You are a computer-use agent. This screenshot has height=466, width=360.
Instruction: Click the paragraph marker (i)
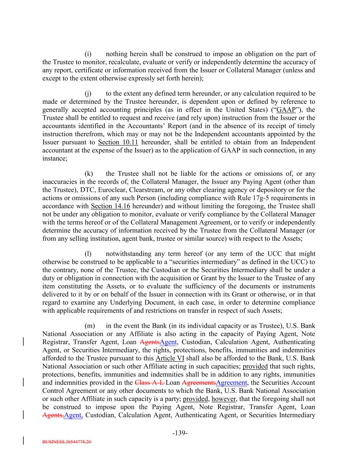click(x=88, y=54)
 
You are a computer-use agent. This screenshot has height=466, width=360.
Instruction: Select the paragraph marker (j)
click(x=88, y=94)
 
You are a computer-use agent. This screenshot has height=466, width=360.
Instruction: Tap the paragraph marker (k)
click(x=88, y=174)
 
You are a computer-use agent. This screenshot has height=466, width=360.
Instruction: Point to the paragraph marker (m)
click(x=89, y=326)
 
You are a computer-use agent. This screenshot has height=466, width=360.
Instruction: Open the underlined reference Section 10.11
click(x=118, y=142)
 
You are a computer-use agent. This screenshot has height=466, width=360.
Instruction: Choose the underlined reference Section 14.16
click(x=111, y=206)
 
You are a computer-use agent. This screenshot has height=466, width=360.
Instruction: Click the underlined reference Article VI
click(x=170, y=358)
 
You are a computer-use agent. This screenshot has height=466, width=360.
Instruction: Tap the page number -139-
click(x=180, y=433)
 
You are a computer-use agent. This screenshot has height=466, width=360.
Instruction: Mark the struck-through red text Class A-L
click(x=149, y=383)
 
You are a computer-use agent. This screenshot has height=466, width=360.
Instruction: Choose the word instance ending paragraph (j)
click(x=54, y=159)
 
